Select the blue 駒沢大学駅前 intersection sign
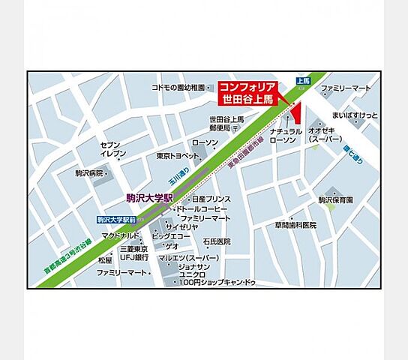(x=118, y=219)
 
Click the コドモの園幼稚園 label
(x=178, y=88)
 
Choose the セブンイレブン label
(x=109, y=148)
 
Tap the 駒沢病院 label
(x=91, y=173)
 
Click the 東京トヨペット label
(x=175, y=156)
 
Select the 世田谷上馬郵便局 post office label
(x=226, y=124)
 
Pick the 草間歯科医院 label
(x=295, y=225)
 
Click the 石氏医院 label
(x=217, y=241)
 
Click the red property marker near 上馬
(x=294, y=112)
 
